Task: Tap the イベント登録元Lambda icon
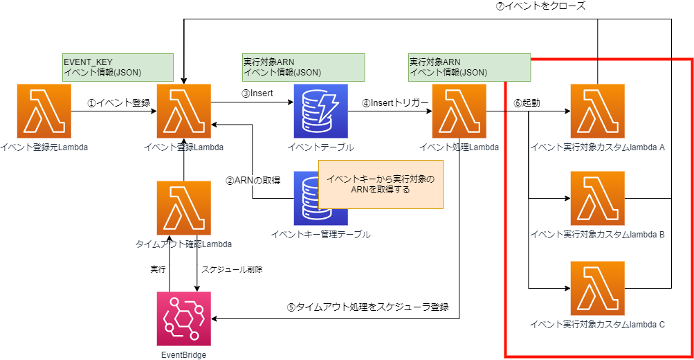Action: click(44, 111)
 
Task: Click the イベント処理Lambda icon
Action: click(459, 111)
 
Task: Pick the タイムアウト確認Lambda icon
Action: click(183, 207)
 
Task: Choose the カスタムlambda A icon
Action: click(597, 111)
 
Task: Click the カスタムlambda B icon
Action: click(597, 199)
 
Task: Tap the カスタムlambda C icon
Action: click(597, 287)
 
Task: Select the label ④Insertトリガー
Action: click(394, 102)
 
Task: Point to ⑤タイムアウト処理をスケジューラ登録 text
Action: click(368, 307)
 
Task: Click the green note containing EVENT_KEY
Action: click(117, 66)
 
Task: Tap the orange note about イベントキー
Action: click(380, 183)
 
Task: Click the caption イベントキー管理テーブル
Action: click(320, 235)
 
